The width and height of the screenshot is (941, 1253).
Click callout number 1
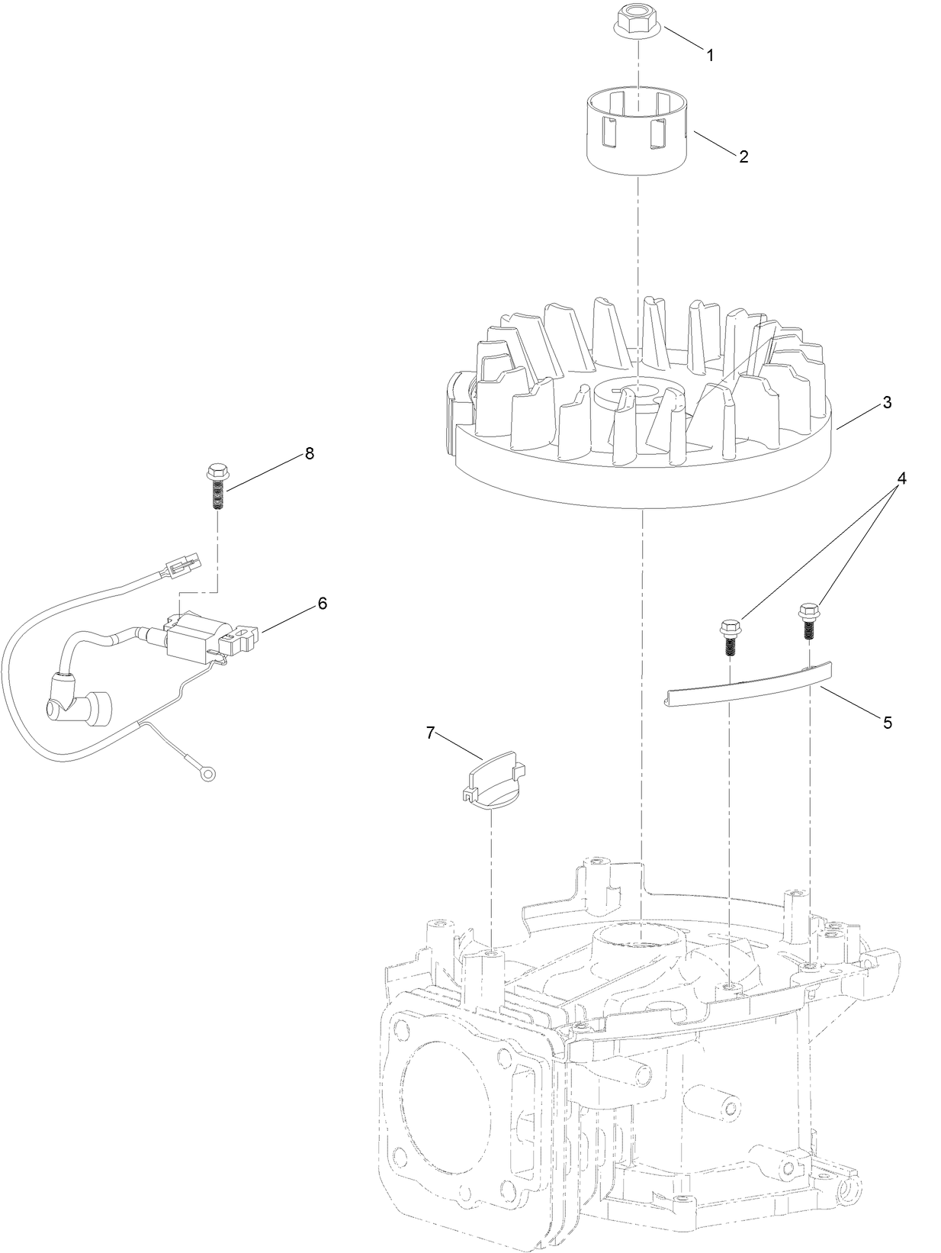(x=710, y=55)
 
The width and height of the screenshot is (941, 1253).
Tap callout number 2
(x=743, y=156)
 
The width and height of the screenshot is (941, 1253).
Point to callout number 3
(x=887, y=403)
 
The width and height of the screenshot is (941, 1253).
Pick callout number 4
(x=901, y=478)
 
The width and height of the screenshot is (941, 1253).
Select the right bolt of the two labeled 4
(x=808, y=620)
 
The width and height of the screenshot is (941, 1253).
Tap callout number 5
(x=887, y=723)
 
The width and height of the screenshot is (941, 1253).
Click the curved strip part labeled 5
(x=747, y=684)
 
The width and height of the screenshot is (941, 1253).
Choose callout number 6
(x=322, y=603)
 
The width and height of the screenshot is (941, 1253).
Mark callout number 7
(x=430, y=733)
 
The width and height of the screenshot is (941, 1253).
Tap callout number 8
(x=309, y=453)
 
